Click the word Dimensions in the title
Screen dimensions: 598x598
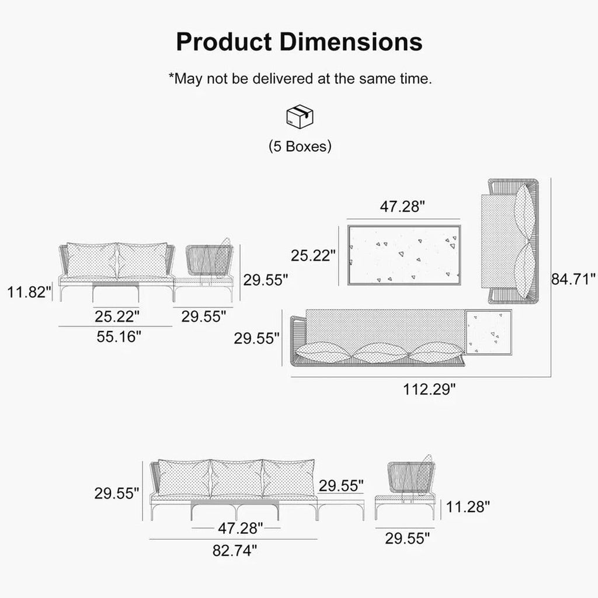coord(351,41)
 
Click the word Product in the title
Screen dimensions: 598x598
coord(224,41)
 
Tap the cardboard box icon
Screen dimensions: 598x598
coord(300,116)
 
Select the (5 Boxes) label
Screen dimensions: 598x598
coord(300,147)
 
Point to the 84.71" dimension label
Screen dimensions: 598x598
coord(573,279)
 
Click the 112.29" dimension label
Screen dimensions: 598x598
coord(429,390)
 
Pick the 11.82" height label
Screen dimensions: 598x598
coord(29,292)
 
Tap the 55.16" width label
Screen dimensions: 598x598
coord(119,337)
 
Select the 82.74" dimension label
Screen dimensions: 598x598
coord(235,550)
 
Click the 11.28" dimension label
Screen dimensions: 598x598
coord(468,507)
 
